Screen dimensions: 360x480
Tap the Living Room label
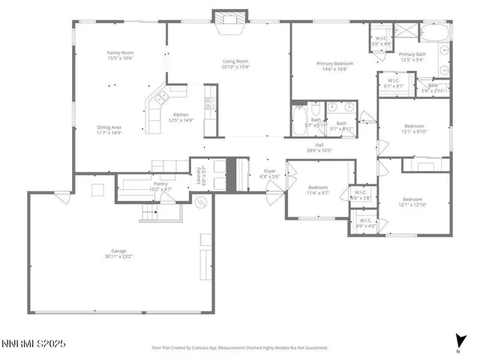pos(235,64)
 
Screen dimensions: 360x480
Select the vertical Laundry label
pos(200,176)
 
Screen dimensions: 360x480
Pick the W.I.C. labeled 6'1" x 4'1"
pos(393,82)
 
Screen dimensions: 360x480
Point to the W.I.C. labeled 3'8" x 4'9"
pos(379,40)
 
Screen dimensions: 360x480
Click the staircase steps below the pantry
pos(159,214)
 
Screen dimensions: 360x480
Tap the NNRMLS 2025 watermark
pos(35,343)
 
